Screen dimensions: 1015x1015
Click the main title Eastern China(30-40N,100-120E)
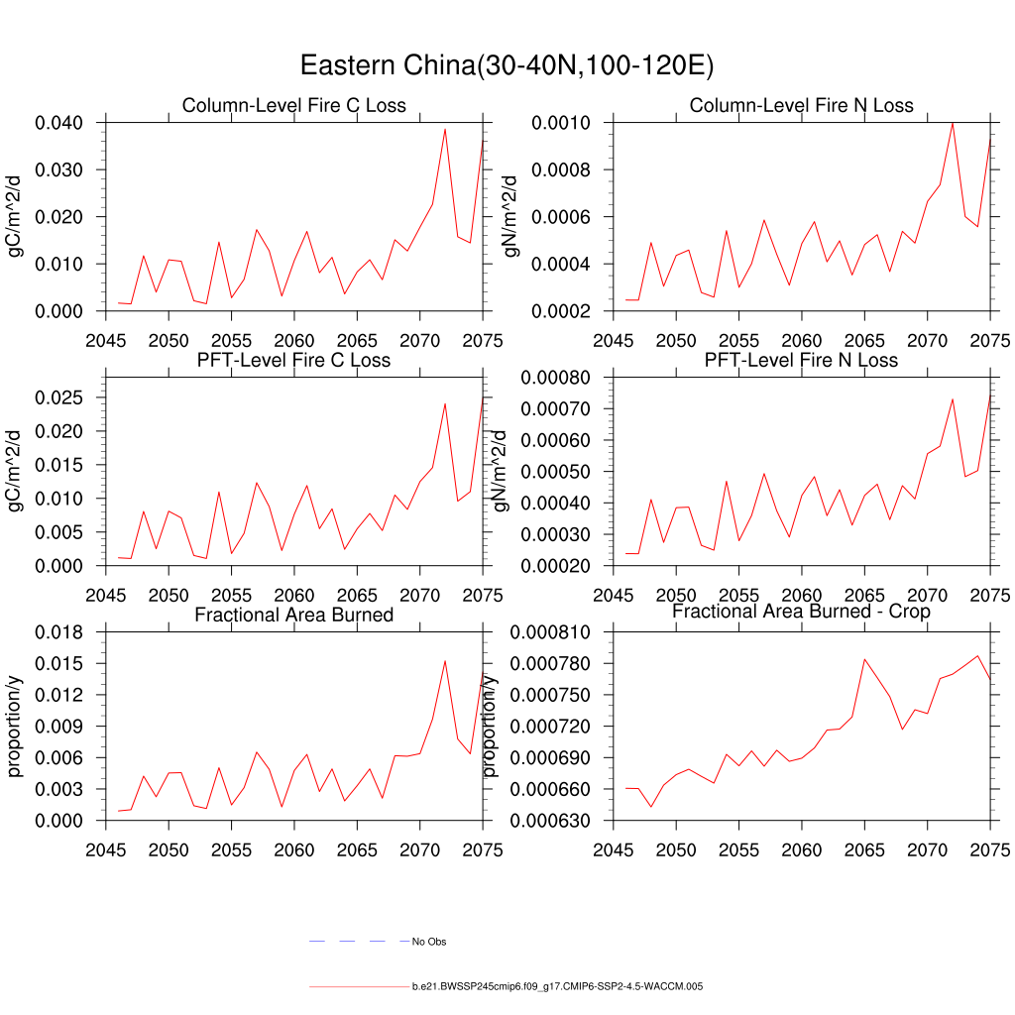tap(507, 65)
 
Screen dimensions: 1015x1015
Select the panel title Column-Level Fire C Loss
tap(294, 106)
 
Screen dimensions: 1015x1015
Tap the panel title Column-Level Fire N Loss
tap(801, 106)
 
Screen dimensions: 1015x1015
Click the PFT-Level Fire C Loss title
tap(294, 360)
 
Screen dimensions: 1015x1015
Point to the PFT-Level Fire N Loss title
tap(801, 360)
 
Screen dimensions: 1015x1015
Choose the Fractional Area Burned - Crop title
tap(801, 612)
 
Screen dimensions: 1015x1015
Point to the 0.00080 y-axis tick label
tap(562, 378)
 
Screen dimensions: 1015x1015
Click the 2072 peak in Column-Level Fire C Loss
tap(445, 129)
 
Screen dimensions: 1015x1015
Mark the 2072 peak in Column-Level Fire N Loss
tap(953, 123)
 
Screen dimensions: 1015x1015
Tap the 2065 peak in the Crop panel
tap(864, 659)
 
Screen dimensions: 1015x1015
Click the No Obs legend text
tap(429, 942)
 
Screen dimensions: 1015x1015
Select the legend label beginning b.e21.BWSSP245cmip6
tap(557, 987)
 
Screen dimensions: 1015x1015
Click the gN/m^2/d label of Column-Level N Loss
tap(511, 216)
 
